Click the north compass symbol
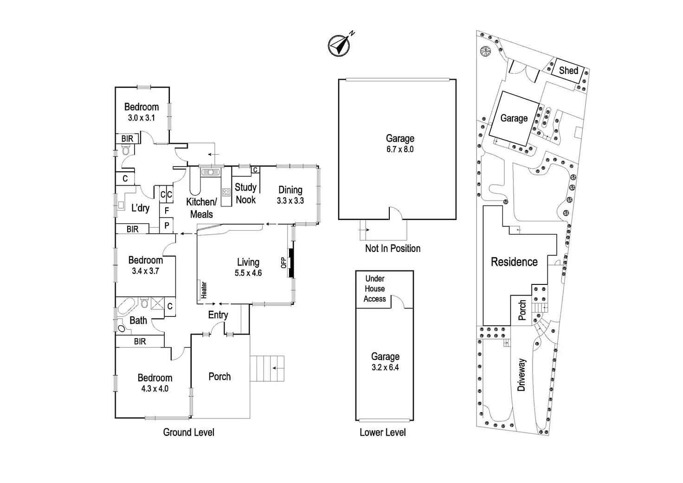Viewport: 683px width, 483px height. coord(339,45)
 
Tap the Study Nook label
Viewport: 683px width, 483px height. coord(246,193)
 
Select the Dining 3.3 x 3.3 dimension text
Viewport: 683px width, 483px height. coord(290,200)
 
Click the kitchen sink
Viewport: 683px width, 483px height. coord(210,172)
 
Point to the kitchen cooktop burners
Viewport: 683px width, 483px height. coord(226,193)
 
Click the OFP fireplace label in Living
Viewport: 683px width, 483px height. coord(284,263)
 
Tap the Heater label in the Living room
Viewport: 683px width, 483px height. coord(204,290)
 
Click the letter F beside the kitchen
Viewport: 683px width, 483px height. coord(167,210)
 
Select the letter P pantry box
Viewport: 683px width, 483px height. coord(167,225)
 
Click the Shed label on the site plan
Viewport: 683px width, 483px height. coord(569,71)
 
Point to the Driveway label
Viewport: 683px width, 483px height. coord(522,375)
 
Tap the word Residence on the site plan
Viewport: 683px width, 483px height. coord(514,262)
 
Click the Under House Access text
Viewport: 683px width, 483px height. coord(375,289)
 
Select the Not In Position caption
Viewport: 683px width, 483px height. coord(393,249)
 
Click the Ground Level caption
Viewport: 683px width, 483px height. coord(189,432)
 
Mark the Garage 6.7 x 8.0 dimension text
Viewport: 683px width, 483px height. coord(400,149)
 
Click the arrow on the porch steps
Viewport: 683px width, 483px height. coord(278,368)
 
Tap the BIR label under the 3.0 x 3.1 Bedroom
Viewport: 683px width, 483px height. coord(127,139)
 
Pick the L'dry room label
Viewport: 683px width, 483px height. coord(140,208)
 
